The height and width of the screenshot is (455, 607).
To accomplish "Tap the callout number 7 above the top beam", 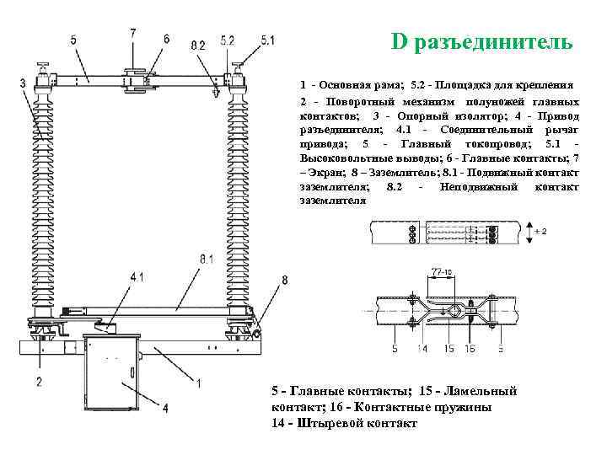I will point(132,33).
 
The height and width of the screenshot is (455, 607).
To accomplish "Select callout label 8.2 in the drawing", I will point(197,45).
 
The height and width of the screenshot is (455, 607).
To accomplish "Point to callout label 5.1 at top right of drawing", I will point(267,39).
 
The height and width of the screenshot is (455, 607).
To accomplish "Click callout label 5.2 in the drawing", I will point(228,40).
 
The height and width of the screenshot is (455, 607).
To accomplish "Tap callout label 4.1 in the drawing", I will point(137,276).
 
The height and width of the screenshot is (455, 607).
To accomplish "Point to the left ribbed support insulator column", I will point(41,202).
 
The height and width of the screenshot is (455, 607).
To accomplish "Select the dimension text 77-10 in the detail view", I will point(442,272).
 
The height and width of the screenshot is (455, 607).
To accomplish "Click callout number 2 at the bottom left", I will point(38,382).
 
